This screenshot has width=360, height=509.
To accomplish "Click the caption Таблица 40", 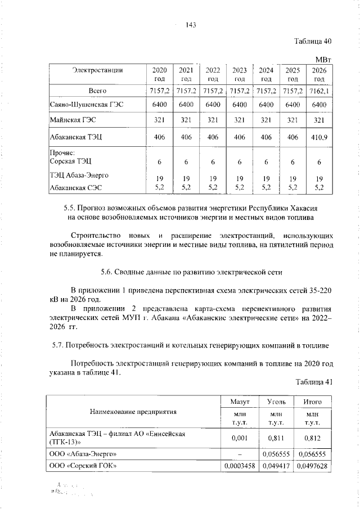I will coord(314,41).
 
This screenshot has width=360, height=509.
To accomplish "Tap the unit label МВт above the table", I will coord(324,58).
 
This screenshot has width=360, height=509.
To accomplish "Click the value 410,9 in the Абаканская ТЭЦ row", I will coord(319,137).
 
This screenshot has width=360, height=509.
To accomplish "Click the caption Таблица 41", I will coord(314,382).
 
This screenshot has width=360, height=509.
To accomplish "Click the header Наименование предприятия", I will coord(133,412).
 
